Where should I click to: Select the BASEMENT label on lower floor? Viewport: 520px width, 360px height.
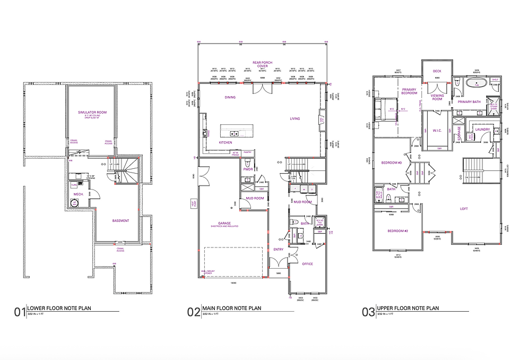(120, 221)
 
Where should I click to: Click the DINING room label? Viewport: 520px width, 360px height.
(230, 97)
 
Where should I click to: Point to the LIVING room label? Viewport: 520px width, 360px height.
(294, 119)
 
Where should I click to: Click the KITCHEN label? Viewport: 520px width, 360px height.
(226, 142)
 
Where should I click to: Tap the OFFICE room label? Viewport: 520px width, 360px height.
(307, 264)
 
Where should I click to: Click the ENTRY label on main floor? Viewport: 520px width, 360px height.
(279, 249)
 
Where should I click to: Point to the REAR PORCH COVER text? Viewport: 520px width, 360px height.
(262, 65)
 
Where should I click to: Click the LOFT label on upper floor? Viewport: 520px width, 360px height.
(464, 209)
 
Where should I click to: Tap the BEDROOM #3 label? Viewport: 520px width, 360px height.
(391, 162)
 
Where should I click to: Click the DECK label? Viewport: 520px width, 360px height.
(437, 71)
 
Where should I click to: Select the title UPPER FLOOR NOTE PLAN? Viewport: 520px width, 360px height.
(408, 308)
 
